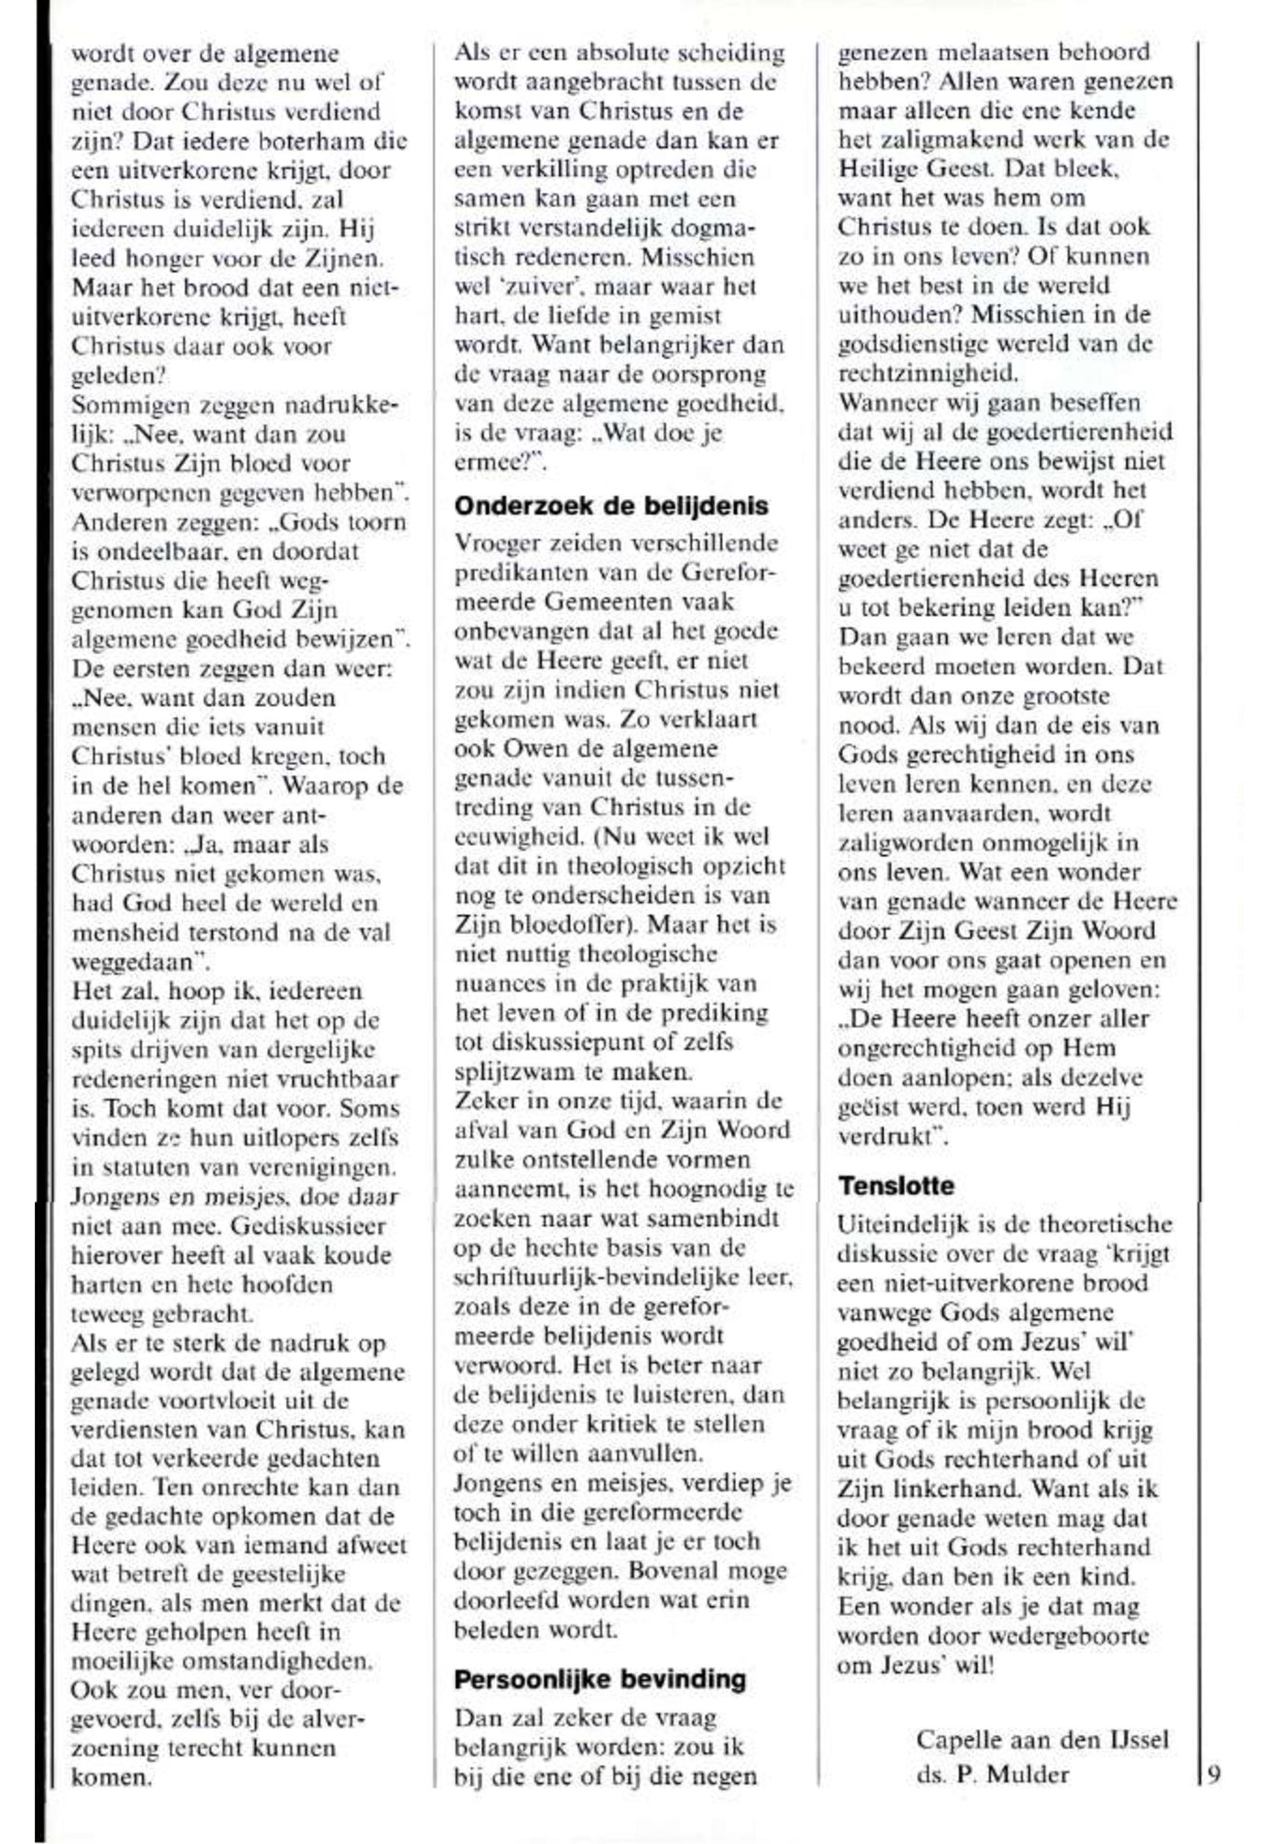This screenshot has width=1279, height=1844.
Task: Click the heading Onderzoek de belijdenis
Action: pyautogui.click(x=611, y=505)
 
